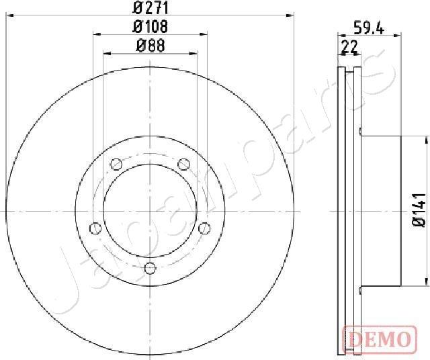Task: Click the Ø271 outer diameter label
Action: [150, 8]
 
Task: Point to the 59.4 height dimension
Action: [368, 28]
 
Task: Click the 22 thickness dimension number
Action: [349, 46]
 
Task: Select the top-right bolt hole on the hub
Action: [183, 163]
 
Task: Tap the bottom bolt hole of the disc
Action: [150, 269]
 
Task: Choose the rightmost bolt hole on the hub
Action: [204, 227]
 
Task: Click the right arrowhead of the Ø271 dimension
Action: [291, 14]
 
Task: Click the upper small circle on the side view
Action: [361, 131]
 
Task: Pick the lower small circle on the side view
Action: [361, 290]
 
